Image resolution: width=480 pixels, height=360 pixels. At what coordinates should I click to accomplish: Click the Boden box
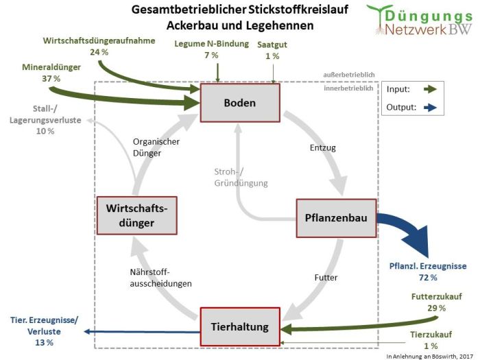coord(239,103)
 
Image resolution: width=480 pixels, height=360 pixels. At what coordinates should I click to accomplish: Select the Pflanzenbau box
coord(336,218)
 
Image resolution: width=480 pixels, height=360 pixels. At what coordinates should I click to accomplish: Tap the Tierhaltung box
coord(240,326)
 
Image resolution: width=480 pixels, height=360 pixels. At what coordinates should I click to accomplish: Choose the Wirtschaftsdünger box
coord(136,215)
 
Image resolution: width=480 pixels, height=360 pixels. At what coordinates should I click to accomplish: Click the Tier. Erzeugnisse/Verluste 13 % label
coord(45,326)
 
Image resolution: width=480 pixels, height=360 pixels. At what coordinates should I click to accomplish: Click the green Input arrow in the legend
coord(431,90)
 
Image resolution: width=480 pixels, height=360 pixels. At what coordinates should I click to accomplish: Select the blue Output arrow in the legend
coord(431,108)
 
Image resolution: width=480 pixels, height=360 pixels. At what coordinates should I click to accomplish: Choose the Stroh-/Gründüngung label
coord(239,178)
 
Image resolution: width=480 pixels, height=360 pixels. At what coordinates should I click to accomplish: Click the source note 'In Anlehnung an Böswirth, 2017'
coord(431,355)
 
